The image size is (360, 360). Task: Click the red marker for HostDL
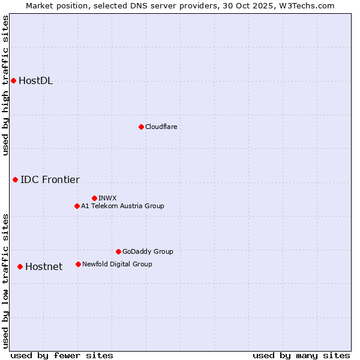click(13, 81)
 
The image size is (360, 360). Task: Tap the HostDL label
click(35, 81)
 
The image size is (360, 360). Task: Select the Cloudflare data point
click(141, 127)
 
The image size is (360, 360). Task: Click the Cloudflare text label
click(161, 127)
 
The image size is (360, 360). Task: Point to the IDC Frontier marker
click(15, 179)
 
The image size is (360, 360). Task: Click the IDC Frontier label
click(50, 179)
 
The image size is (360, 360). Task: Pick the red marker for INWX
click(94, 198)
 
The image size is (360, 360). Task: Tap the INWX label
click(107, 198)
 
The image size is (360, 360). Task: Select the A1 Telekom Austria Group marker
click(77, 206)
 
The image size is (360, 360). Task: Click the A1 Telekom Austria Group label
click(122, 206)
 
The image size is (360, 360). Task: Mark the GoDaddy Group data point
click(118, 251)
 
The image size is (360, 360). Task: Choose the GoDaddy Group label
click(147, 251)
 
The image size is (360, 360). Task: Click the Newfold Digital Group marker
click(78, 264)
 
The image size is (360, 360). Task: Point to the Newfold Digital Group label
click(117, 264)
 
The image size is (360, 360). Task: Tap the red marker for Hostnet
click(20, 266)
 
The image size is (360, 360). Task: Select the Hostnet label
click(44, 266)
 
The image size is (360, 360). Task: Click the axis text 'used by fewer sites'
click(62, 355)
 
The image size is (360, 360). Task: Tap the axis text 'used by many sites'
click(301, 355)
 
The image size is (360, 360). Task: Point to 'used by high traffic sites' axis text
click(5, 85)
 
